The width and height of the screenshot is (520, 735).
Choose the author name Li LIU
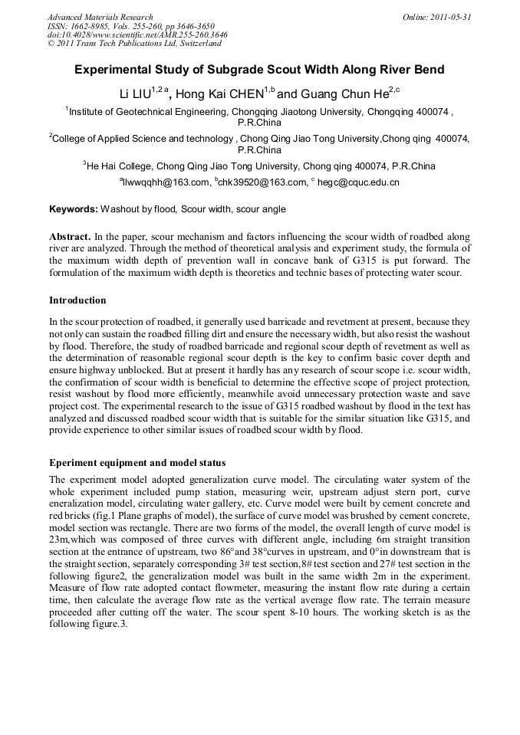(x=134, y=94)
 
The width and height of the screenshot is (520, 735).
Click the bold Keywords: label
(x=74, y=209)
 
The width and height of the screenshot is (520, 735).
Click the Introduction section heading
(x=77, y=300)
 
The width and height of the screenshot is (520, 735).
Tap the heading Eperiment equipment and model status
(x=137, y=463)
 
